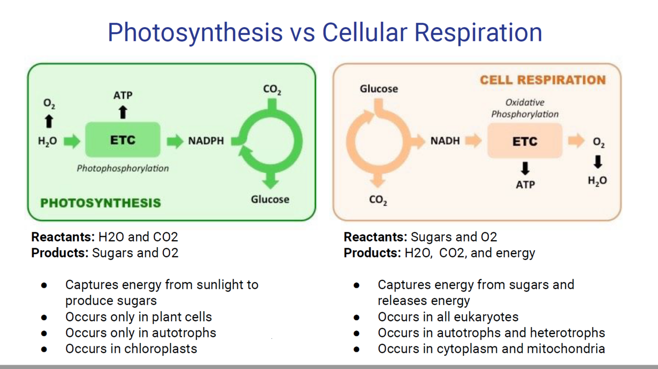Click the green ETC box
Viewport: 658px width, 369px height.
[x=123, y=140]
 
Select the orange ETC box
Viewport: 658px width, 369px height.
[x=524, y=141]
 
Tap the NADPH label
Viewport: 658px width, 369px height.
[x=206, y=141]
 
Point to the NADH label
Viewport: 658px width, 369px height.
[x=444, y=141]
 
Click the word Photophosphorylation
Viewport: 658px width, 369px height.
[x=123, y=168]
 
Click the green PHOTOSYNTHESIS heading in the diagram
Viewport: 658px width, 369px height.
[x=101, y=203]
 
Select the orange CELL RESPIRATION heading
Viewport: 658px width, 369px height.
[x=543, y=80]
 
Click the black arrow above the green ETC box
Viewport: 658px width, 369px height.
[x=123, y=112]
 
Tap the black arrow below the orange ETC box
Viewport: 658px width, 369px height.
[x=525, y=169]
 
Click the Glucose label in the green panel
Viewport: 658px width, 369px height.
[x=270, y=199]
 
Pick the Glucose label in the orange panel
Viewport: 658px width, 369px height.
[x=378, y=89]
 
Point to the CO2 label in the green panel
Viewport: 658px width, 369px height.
[x=272, y=90]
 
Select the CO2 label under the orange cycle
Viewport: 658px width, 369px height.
[x=378, y=201]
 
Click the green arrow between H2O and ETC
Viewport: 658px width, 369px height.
[x=72, y=141]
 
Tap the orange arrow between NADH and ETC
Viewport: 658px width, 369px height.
[x=473, y=141]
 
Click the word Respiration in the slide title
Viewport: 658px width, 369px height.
[x=478, y=32]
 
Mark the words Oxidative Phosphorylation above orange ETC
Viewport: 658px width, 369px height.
[x=525, y=109]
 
